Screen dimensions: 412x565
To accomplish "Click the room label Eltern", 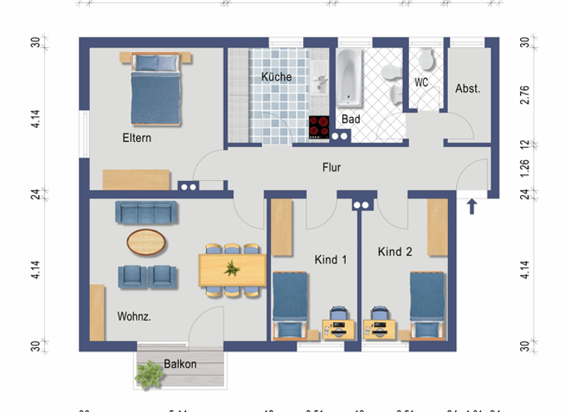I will tap(137, 138).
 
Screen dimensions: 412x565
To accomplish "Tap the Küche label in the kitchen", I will tap(277, 77).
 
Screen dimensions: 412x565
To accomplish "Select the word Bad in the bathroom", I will tap(350, 118).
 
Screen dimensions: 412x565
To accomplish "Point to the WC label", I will tap(422, 82).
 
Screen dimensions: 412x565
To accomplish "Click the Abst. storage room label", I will tap(468, 88).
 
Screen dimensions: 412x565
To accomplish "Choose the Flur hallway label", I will tap(332, 167).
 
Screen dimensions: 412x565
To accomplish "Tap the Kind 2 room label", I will tap(395, 252).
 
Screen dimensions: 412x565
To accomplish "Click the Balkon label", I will tap(180, 363).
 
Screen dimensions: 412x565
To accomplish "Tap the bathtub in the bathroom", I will tap(349, 78).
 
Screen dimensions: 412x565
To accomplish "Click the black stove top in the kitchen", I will tap(319, 128).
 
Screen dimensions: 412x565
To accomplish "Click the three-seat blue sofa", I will tap(146, 213).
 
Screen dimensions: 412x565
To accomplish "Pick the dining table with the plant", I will tap(232, 269).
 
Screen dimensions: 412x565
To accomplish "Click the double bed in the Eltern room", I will tap(156, 90).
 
